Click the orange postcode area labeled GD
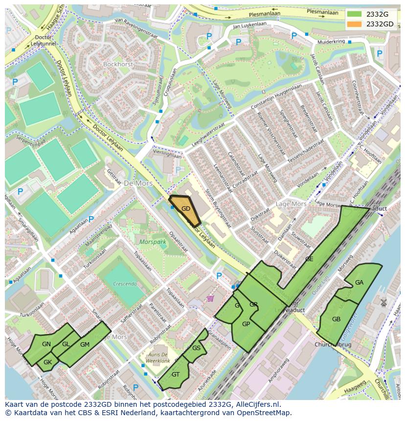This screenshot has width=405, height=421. pyautogui.click(x=185, y=209)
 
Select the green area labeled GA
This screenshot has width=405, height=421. pyautogui.click(x=360, y=283)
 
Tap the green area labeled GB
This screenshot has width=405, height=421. pyautogui.click(x=336, y=319)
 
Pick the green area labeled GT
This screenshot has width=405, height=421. pyautogui.click(x=175, y=375)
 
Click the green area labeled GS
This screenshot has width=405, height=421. pyautogui.click(x=196, y=348)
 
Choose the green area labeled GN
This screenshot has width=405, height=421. pyautogui.click(x=46, y=344)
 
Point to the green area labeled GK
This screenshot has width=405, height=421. pyautogui.click(x=47, y=362)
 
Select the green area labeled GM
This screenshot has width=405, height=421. pyautogui.click(x=85, y=345)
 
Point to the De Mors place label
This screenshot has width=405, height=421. pyautogui.click(x=138, y=183)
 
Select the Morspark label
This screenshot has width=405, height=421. pyautogui.click(x=153, y=242)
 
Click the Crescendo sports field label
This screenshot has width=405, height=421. pyautogui.click(x=124, y=283)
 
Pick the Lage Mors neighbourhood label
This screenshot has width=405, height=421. pyautogui.click(x=291, y=204)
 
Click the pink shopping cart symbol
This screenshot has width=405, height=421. pyautogui.click(x=210, y=298)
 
